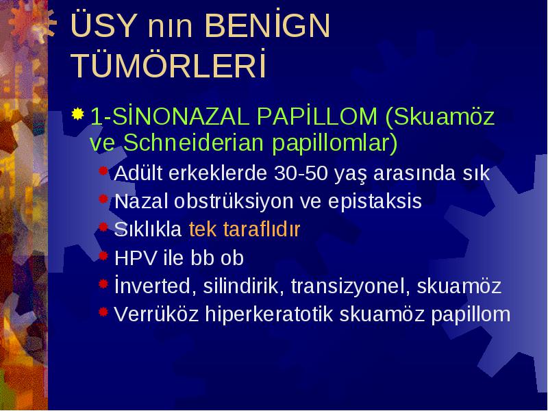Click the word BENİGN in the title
point(267,25)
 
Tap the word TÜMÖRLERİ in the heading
point(169,64)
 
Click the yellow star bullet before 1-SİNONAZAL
point(77,114)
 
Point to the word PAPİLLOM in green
point(317,116)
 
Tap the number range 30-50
point(301,173)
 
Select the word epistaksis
point(375,201)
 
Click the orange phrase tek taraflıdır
point(245,229)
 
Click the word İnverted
point(153,285)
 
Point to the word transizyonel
point(350,286)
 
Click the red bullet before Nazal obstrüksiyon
point(103,199)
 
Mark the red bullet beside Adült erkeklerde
point(103,170)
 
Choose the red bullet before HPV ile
point(103,256)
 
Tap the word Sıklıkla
point(148,229)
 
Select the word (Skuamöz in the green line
point(440,116)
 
